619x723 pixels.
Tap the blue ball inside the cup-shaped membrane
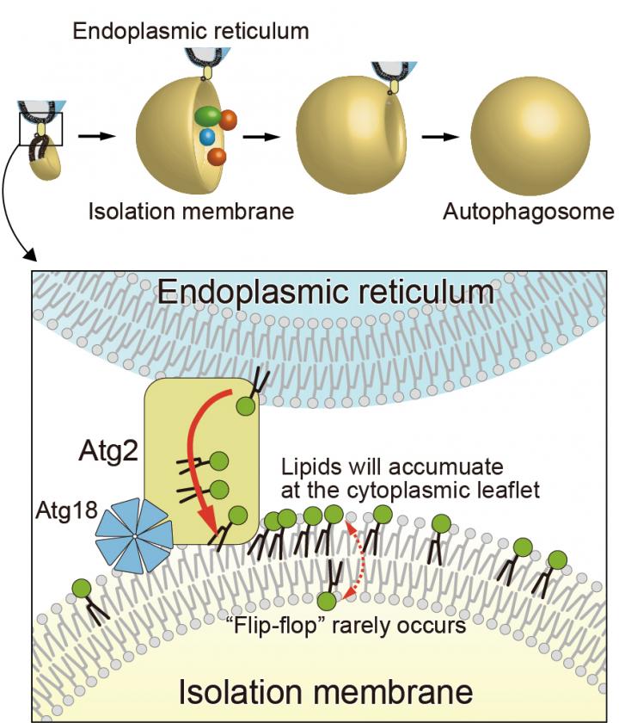point(206,137)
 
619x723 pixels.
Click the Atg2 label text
point(95,449)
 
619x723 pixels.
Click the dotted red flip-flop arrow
point(352,559)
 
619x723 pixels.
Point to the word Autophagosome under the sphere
point(528,211)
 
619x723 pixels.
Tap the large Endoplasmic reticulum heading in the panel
point(326,293)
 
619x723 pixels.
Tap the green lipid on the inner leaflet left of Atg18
point(83,590)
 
